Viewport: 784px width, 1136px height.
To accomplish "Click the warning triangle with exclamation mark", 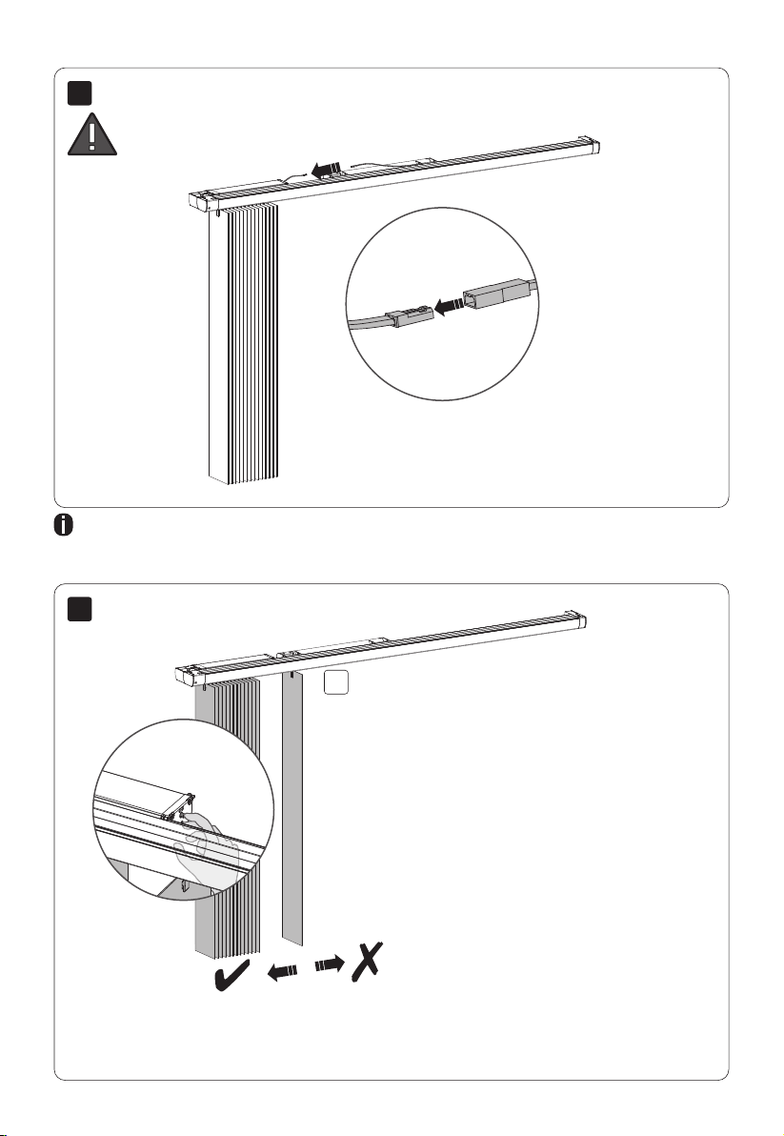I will click(x=91, y=133).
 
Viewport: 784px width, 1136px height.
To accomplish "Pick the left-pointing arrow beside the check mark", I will click(x=282, y=971).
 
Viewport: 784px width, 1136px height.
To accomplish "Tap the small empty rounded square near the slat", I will click(x=332, y=682).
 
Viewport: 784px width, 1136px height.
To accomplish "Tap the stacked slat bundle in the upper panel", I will click(x=242, y=343).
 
